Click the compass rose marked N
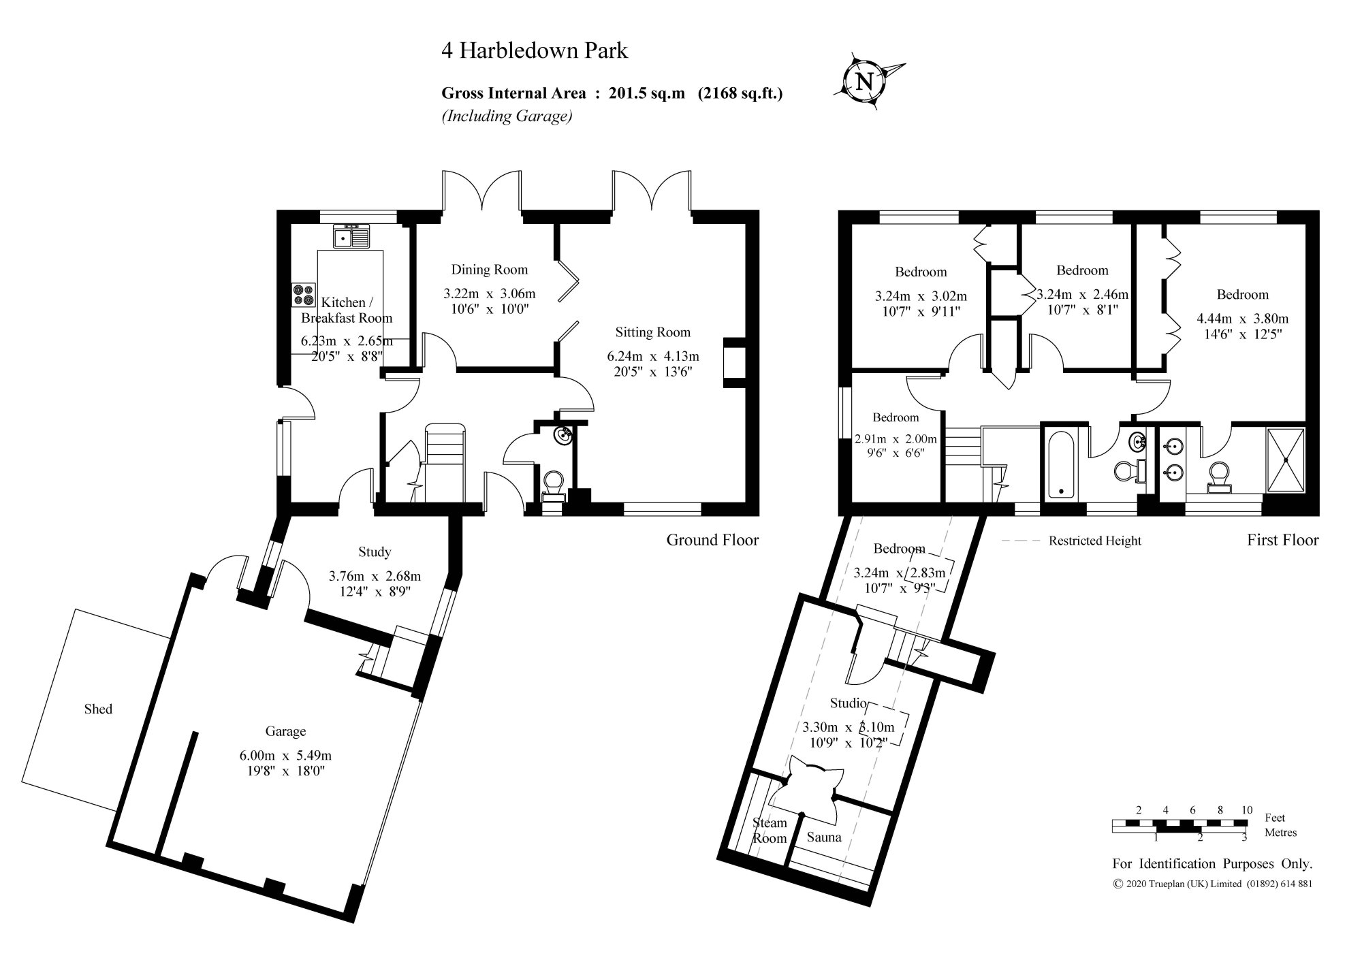[865, 82]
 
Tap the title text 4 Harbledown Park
[535, 51]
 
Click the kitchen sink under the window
[351, 236]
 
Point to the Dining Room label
[489, 270]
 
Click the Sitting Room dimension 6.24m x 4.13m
[652, 356]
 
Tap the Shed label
[98, 709]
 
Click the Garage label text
[285, 731]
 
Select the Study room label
[375, 551]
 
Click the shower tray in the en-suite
[1286, 460]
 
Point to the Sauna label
[824, 837]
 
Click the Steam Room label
[770, 831]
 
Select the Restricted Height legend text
[1094, 541]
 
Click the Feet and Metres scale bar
[1179, 825]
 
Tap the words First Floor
[1282, 540]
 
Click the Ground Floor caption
[712, 540]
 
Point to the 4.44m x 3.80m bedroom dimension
[1242, 319]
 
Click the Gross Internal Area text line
[612, 93]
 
